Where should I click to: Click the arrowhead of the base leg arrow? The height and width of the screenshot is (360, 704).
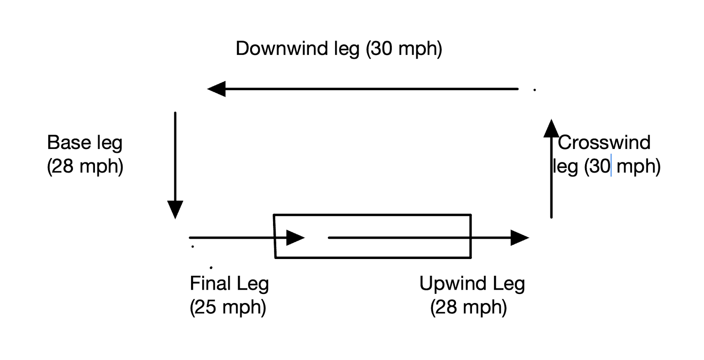[175, 210]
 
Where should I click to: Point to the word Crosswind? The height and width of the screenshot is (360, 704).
[604, 142]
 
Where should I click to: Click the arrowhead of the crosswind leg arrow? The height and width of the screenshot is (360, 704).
[551, 129]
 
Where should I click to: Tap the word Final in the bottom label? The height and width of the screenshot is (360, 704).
[207, 284]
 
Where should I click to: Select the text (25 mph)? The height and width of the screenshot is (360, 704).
[228, 307]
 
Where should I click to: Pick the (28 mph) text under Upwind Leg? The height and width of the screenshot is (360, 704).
[468, 307]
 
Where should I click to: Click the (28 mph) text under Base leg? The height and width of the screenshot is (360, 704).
[85, 167]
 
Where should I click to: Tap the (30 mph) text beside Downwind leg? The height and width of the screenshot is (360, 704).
[404, 48]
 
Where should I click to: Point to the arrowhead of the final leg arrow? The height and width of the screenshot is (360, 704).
[295, 237]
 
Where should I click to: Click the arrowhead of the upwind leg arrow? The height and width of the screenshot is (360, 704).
[519, 237]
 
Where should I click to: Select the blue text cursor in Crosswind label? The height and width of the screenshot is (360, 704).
[611, 167]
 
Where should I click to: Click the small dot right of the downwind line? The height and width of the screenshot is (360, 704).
[534, 90]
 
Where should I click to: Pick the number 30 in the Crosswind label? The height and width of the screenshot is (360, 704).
[600, 167]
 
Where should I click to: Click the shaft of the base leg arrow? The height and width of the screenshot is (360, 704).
[175, 155]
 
